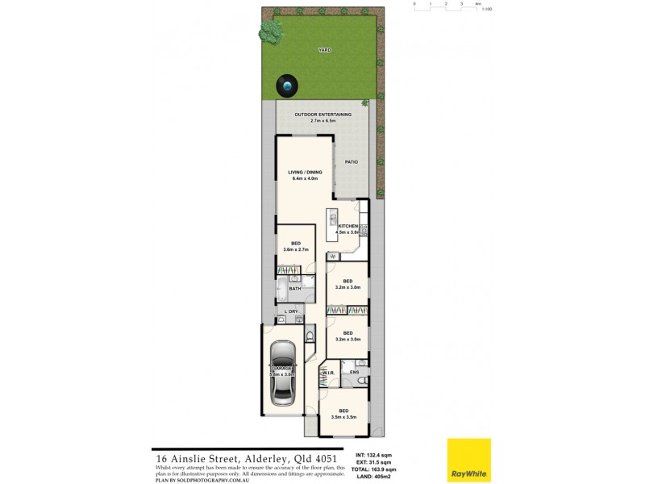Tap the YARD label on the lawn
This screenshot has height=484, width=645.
(x=324, y=50)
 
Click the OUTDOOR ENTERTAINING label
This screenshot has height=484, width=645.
(x=324, y=115)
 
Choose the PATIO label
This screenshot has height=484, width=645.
(x=352, y=162)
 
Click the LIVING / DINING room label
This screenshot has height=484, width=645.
(x=305, y=171)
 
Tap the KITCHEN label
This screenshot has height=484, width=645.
(x=348, y=226)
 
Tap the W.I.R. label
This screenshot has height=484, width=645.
(x=328, y=373)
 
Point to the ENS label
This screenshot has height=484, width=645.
(x=353, y=372)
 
